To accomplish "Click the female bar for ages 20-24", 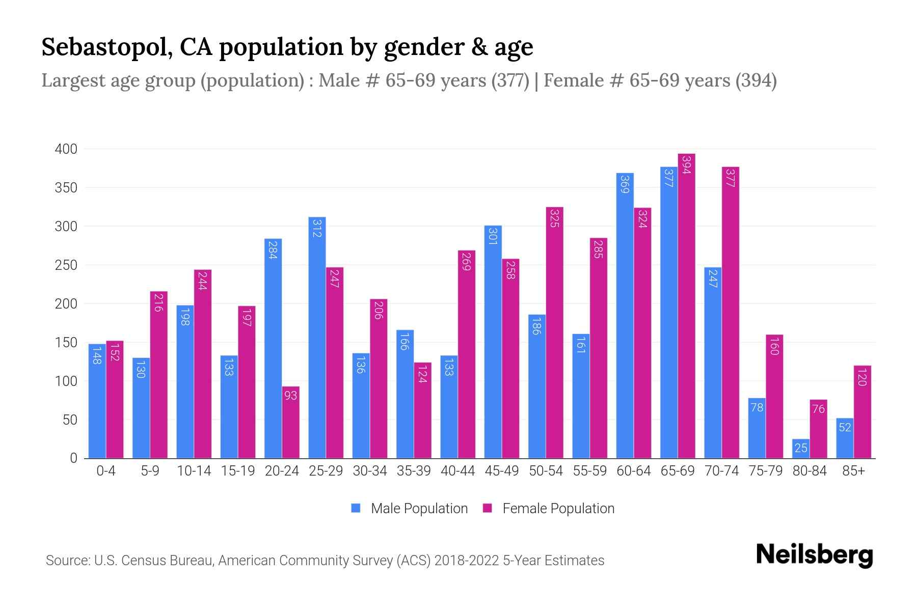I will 290,423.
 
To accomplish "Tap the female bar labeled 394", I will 686,305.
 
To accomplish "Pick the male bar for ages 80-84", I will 801,449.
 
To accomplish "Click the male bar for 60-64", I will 625,316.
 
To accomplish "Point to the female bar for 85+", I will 862,412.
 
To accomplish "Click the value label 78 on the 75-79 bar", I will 757,407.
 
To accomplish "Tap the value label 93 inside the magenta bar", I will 290,395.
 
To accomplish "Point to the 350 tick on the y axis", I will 66,188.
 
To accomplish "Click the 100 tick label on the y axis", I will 66,381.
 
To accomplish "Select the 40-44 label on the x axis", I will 457,471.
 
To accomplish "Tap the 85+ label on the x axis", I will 853,471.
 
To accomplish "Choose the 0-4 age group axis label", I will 106,471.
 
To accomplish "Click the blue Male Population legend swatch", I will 356,508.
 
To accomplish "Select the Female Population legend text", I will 558,508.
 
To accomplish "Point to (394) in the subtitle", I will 756,80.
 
